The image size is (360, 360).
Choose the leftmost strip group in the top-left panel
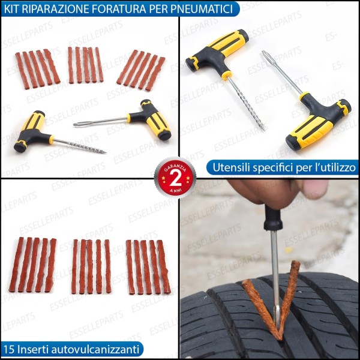(37, 67)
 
